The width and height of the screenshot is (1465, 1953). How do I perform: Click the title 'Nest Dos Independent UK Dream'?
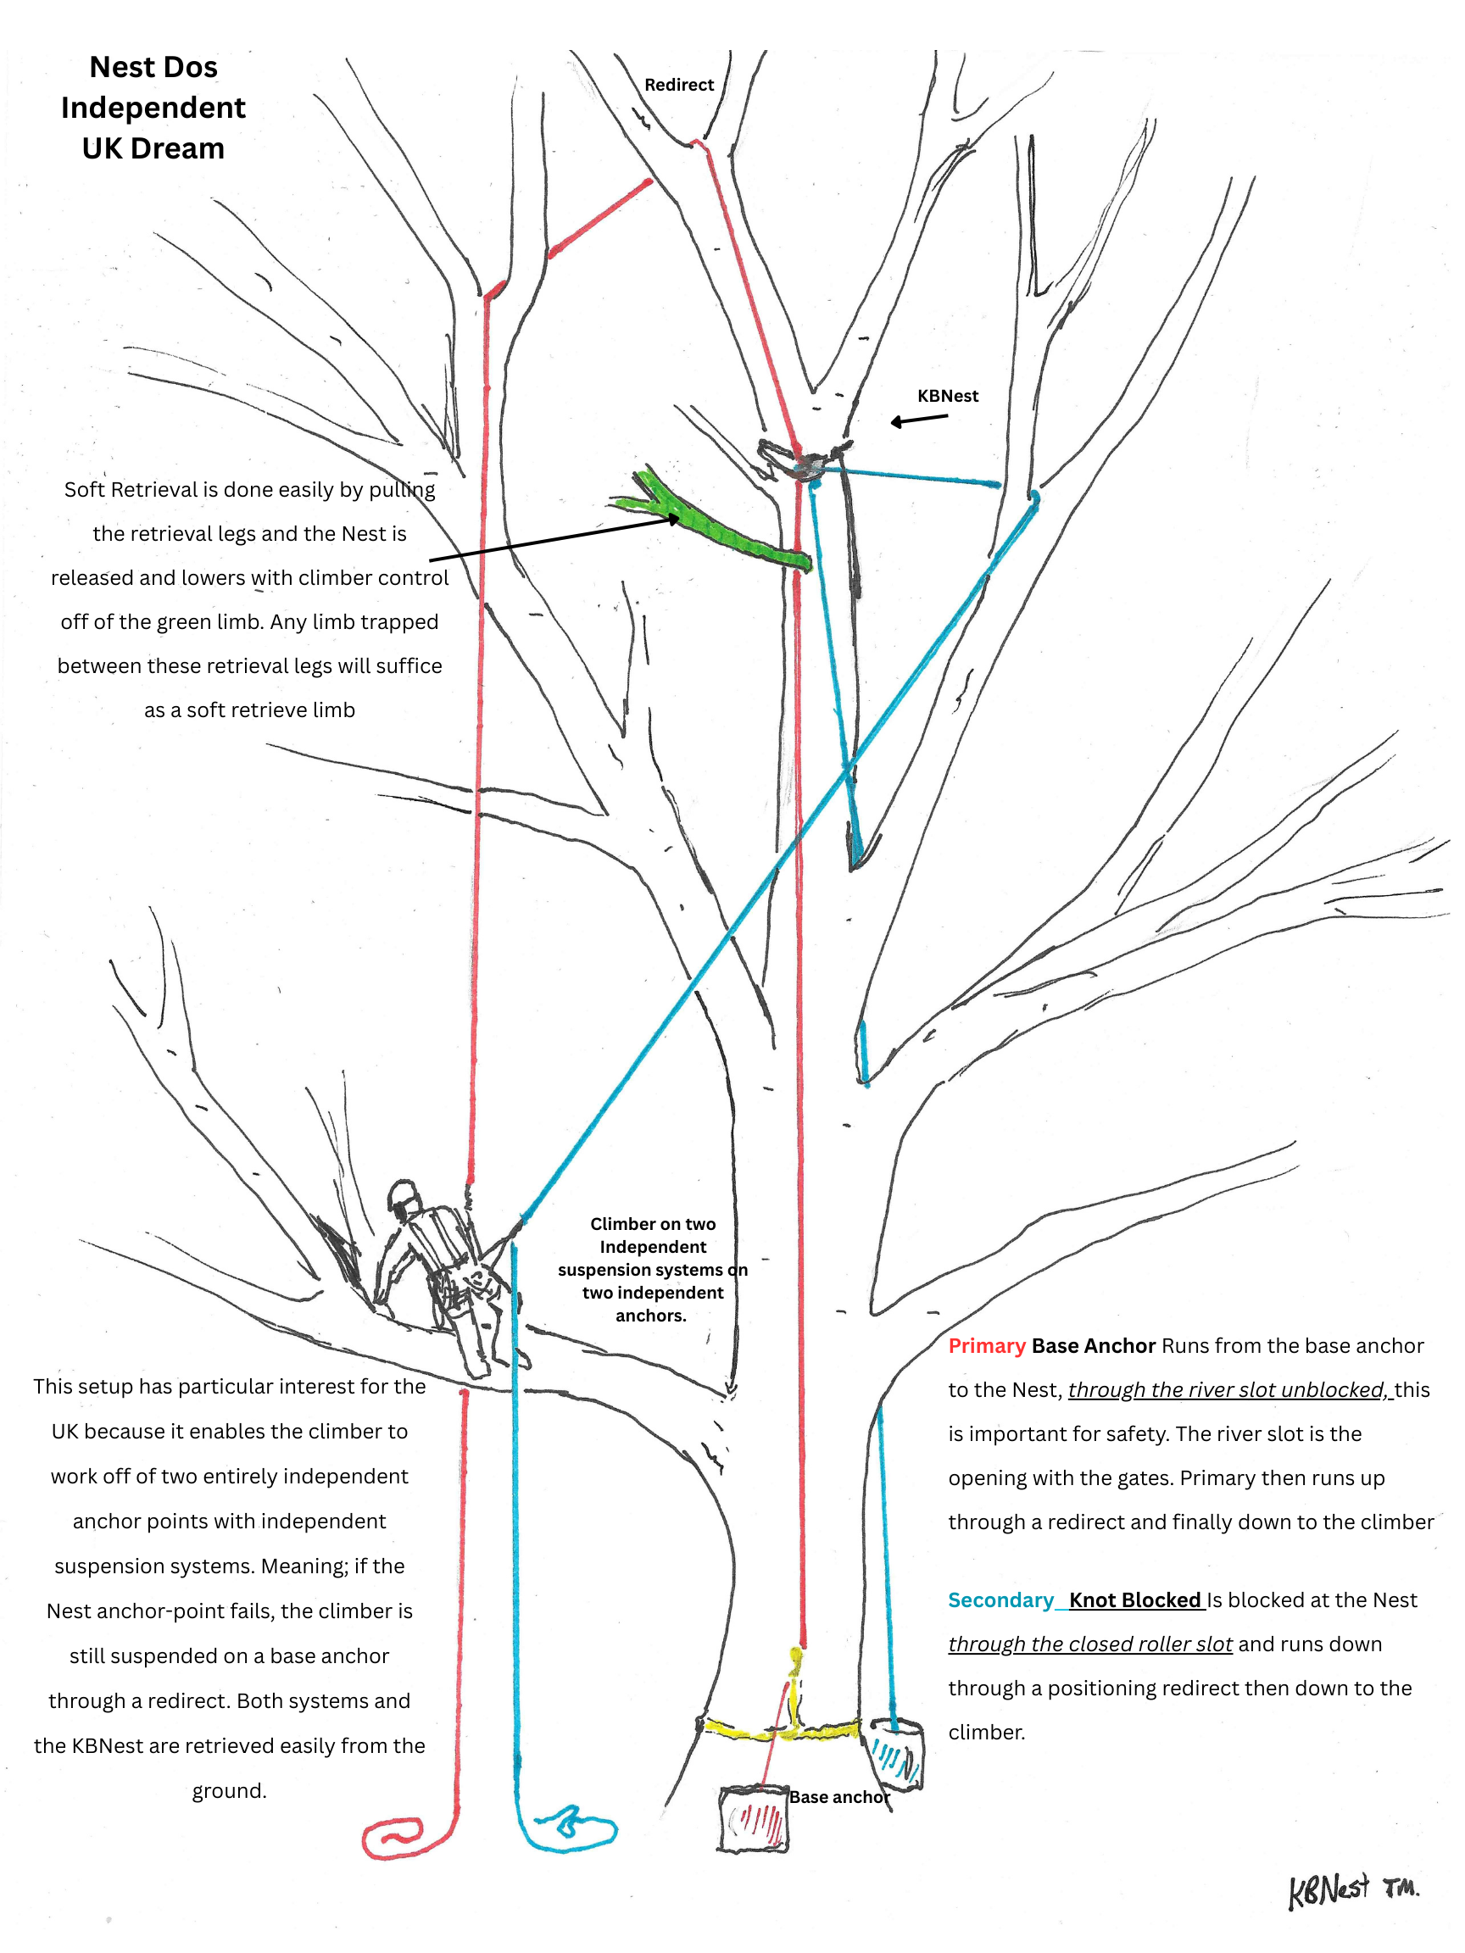[x=153, y=108]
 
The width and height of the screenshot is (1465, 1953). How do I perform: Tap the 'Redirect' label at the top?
[x=678, y=85]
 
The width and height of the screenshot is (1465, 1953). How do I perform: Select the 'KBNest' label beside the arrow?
[x=947, y=396]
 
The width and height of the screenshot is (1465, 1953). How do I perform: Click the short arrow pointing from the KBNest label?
[x=917, y=420]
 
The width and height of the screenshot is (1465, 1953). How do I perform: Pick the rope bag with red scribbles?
[x=753, y=1818]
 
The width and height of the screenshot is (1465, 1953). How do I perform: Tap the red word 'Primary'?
[x=985, y=1345]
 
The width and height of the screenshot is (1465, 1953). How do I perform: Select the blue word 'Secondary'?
[x=1000, y=1600]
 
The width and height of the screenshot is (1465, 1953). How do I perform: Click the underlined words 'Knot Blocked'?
[x=1134, y=1600]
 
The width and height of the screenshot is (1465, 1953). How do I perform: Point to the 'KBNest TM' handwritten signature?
[x=1351, y=1890]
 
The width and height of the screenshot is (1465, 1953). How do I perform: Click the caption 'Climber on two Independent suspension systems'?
[x=652, y=1269]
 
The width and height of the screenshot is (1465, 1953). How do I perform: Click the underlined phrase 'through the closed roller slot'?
[x=1089, y=1644]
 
